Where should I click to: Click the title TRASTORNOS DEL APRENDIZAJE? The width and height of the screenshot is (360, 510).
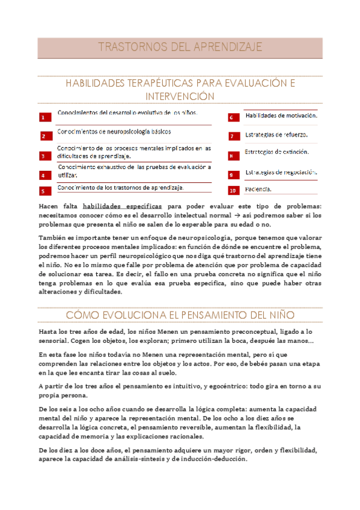point(180,47)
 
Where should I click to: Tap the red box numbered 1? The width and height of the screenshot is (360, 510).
point(43,118)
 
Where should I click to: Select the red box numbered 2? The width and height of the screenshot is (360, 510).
point(43,137)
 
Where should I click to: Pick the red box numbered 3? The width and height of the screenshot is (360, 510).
point(43,156)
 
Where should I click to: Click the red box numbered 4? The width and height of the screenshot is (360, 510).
point(43,176)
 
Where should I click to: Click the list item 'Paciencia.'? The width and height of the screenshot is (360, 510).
point(258,189)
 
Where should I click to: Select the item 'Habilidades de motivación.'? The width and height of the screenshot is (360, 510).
point(281,115)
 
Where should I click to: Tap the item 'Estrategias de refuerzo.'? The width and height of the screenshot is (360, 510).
point(276,134)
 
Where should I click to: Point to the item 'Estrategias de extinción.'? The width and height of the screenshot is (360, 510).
point(276,152)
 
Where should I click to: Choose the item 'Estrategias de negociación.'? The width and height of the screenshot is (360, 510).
point(281,173)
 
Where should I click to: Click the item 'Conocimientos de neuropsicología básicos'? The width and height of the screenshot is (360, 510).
point(114,131)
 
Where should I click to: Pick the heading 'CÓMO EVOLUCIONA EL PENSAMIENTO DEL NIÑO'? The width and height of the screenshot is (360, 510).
point(180,315)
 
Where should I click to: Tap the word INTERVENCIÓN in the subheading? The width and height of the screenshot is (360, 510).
point(180,96)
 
